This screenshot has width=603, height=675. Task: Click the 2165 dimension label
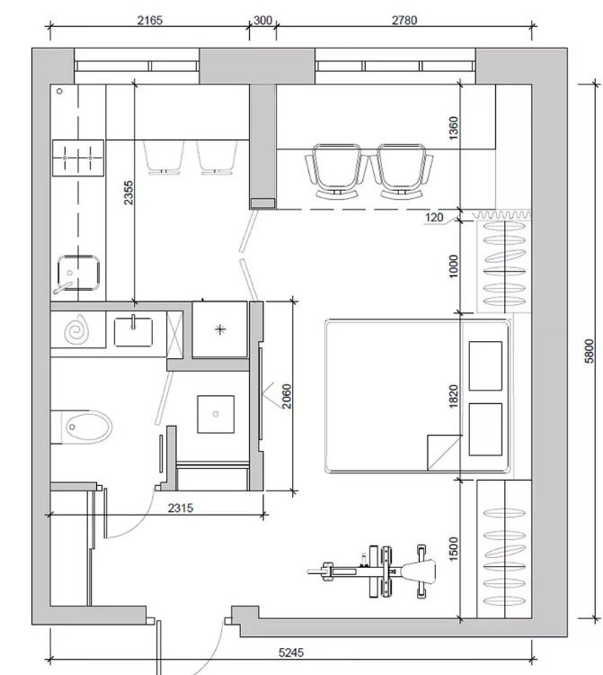coord(149,20)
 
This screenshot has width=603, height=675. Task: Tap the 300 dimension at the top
coord(262,20)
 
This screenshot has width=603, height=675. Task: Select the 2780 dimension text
coord(404,20)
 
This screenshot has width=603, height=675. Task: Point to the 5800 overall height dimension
coord(589,351)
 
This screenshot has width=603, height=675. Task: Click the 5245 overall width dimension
coord(291,652)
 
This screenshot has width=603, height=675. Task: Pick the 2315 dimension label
coord(181,508)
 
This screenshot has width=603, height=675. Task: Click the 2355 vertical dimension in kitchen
coord(129,193)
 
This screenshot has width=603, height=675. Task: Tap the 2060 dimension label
coord(287,396)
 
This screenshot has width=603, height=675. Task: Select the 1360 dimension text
coord(454,128)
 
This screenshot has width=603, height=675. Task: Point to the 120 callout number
coord(434,218)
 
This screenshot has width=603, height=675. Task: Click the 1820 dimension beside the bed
coord(454,396)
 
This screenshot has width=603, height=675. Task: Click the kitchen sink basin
coord(78,273)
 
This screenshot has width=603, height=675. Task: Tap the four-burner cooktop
coord(78,157)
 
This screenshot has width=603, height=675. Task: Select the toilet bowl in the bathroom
coord(88,427)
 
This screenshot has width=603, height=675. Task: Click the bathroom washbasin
coord(133,331)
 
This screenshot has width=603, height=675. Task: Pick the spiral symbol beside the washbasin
coord(77,329)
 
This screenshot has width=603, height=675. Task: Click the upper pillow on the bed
coord(485,366)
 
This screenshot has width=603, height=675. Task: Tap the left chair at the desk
coord(336,171)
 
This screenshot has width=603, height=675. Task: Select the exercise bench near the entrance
coord(372,571)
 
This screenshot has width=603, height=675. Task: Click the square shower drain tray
coord(216,414)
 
